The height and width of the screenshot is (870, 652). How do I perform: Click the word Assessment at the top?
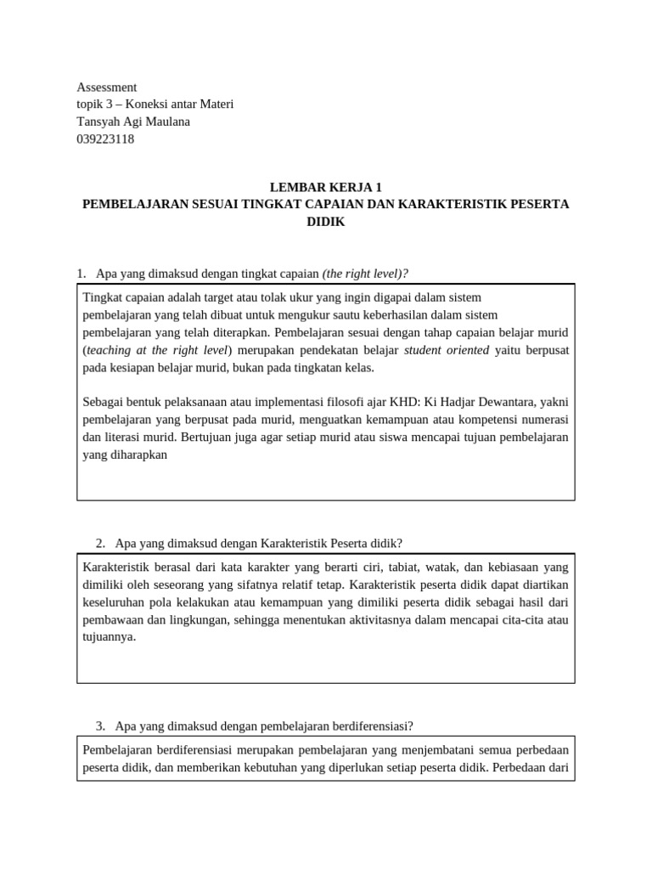[x=106, y=87]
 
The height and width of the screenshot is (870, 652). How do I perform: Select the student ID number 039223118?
[x=105, y=139]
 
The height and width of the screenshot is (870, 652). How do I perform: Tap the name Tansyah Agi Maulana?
[x=133, y=121]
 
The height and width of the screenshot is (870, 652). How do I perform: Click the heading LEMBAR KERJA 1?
[x=325, y=188]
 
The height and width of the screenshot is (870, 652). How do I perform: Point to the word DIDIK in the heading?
[x=325, y=222]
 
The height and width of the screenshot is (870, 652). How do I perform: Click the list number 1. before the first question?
[x=81, y=274]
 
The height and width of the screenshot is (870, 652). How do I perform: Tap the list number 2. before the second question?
[x=100, y=543]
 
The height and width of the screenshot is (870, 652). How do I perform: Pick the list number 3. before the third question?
[x=100, y=726]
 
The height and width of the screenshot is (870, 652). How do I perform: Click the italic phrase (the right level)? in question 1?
[x=365, y=274]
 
